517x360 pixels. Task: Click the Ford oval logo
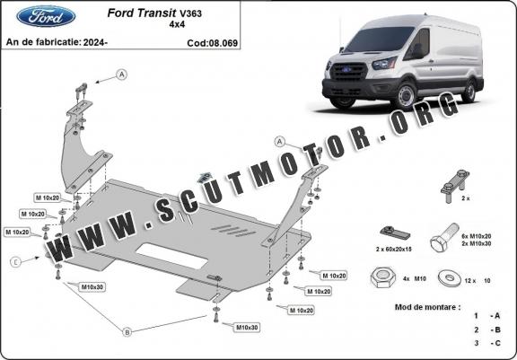coord(46,16)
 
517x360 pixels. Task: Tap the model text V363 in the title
coord(190,13)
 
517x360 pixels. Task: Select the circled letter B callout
coord(127,332)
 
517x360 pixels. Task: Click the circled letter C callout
coord(15,262)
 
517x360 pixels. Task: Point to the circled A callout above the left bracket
coord(122,75)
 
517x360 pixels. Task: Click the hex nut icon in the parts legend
coord(382,278)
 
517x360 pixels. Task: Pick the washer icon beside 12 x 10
coord(450,278)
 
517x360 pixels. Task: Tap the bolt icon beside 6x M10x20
coord(443,238)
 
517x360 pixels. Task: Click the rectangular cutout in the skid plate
coord(171,256)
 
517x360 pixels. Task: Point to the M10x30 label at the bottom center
coord(247,328)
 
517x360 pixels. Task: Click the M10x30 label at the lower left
coord(92,286)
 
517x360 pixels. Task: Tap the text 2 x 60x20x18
coord(394,250)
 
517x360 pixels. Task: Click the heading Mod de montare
coord(427,307)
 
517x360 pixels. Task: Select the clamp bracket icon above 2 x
coord(455,185)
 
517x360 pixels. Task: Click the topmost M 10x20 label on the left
coord(48,198)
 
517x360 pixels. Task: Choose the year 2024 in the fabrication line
coord(94,42)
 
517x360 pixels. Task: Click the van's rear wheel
coord(469,91)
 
